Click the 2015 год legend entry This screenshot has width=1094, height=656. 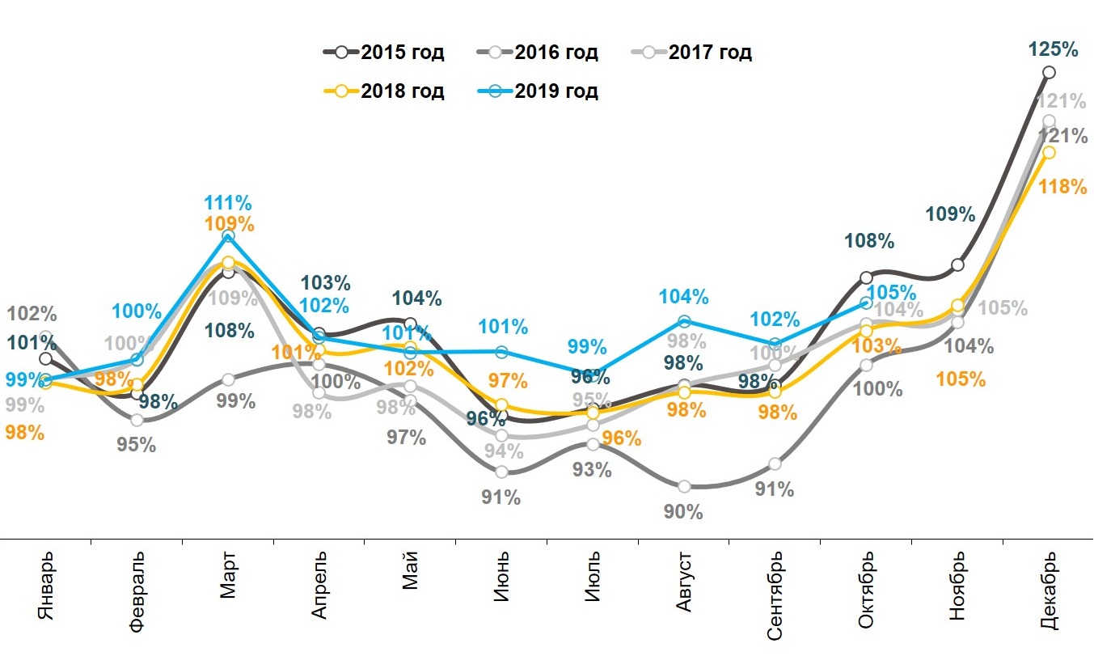(384, 53)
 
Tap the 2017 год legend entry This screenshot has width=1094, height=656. (691, 53)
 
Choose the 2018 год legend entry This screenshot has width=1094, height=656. (384, 91)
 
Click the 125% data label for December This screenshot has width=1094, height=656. (1054, 49)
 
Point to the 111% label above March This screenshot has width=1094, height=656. (228, 202)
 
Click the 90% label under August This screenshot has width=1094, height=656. (683, 512)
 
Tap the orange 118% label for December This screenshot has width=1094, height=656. (1062, 187)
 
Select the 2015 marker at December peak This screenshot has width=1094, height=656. (1049, 73)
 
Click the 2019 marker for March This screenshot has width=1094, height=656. (228, 236)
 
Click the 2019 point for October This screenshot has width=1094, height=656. (866, 303)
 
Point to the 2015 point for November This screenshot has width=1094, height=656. (958, 265)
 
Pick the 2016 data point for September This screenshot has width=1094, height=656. (775, 464)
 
